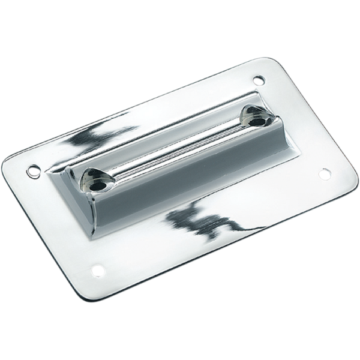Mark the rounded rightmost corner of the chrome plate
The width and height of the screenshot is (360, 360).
click(x=347, y=174)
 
